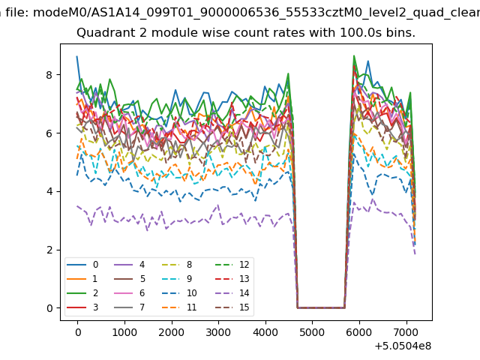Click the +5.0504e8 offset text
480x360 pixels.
coord(401,346)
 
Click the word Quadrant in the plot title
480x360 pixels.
coord(102,34)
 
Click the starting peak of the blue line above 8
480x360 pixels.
coord(76,57)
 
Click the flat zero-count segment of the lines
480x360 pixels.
coord(321,307)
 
